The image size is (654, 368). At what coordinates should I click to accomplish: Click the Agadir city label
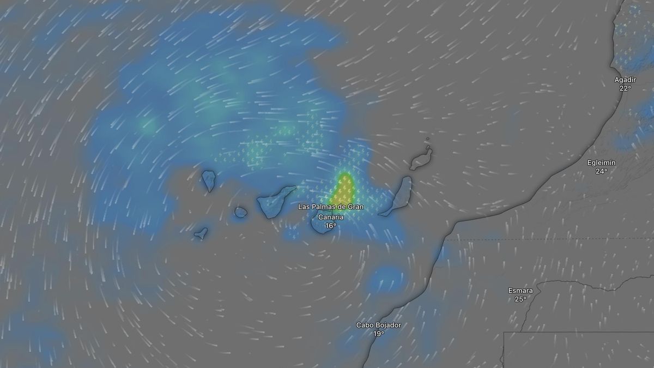point(625,80)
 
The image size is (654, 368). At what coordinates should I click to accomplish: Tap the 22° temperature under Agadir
point(625,88)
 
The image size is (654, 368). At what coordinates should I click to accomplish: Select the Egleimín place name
point(601,162)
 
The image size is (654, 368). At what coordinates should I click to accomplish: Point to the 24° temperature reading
point(601,171)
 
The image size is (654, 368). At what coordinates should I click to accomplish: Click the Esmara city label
point(520,291)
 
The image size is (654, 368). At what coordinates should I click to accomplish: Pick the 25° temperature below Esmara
point(520,299)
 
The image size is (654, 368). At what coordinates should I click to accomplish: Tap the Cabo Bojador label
point(379,325)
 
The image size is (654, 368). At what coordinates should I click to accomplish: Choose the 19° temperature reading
point(379,334)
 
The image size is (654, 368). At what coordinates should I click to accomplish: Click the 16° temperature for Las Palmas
point(331,226)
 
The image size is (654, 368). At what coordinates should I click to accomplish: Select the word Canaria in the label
point(331,217)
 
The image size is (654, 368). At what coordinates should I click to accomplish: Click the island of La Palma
point(209,180)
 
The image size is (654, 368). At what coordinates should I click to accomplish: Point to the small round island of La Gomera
point(241,212)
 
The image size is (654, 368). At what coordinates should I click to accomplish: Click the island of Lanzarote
point(421,159)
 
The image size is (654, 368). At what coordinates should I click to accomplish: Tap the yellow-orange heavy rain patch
point(343,188)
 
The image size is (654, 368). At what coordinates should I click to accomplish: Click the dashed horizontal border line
point(545,239)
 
